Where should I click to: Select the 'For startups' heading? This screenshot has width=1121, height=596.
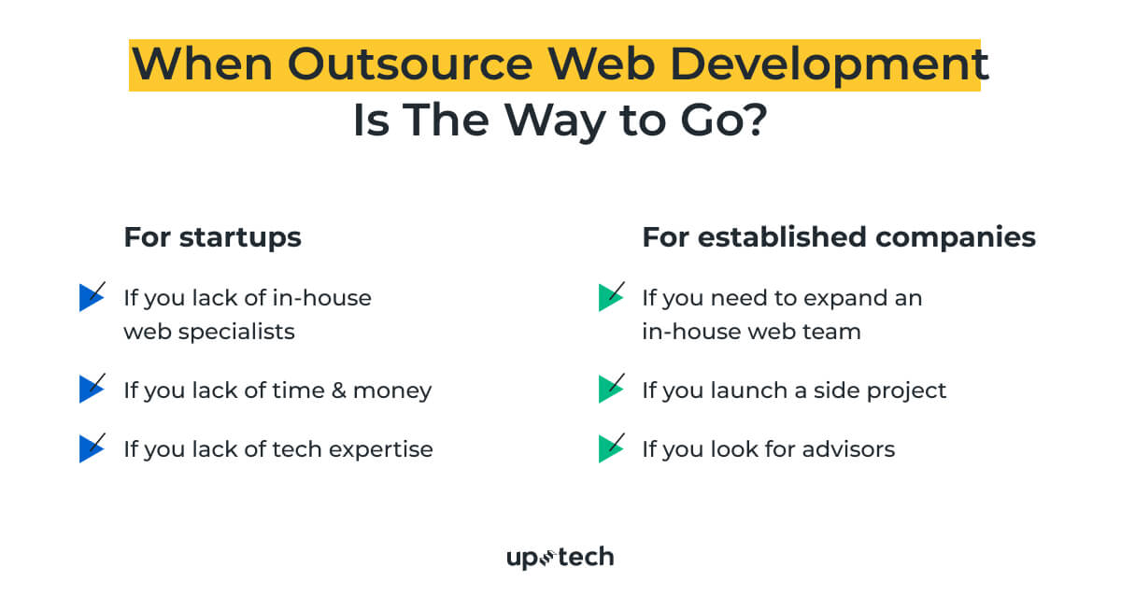[212, 237]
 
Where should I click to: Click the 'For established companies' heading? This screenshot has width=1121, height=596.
[838, 237]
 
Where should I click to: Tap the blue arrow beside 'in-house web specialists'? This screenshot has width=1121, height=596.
[92, 297]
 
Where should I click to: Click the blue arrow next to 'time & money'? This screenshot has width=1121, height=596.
[92, 389]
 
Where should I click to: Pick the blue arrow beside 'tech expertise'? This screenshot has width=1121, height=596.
[92, 448]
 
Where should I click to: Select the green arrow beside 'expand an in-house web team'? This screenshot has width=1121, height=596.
[611, 297]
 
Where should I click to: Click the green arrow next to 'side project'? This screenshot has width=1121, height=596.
[611, 389]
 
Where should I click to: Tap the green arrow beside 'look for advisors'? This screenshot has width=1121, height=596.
[611, 448]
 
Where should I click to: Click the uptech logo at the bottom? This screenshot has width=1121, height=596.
[560, 558]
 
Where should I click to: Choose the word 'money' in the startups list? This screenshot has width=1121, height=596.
[401, 390]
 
